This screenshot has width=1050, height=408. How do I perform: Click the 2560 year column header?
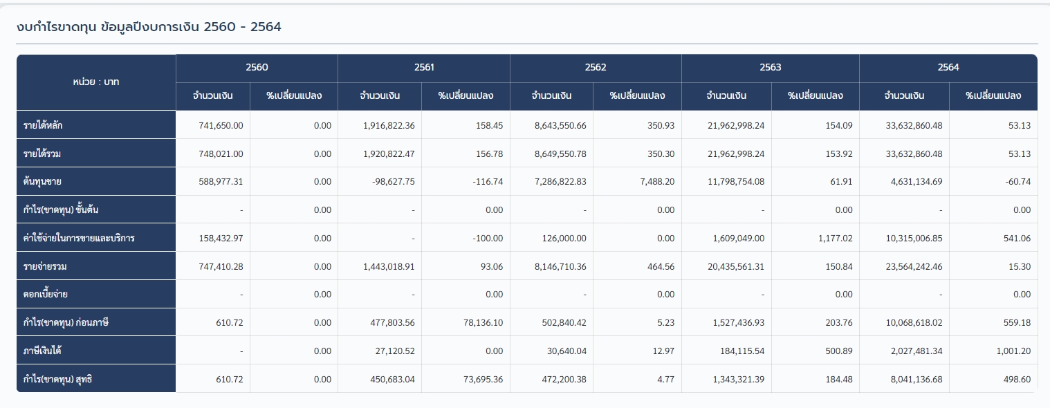pos(257,67)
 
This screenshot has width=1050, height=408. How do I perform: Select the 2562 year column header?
pos(596,67)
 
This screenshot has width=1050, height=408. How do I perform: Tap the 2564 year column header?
pos(948,67)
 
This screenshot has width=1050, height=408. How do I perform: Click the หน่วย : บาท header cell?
pos(95,82)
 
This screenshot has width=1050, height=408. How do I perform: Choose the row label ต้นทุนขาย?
pos(43,181)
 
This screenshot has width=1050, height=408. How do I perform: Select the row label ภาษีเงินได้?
pos(43,351)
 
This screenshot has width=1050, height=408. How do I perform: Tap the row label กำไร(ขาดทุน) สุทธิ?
pos(57,379)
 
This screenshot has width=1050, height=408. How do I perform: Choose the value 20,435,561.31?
pos(735,266)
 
